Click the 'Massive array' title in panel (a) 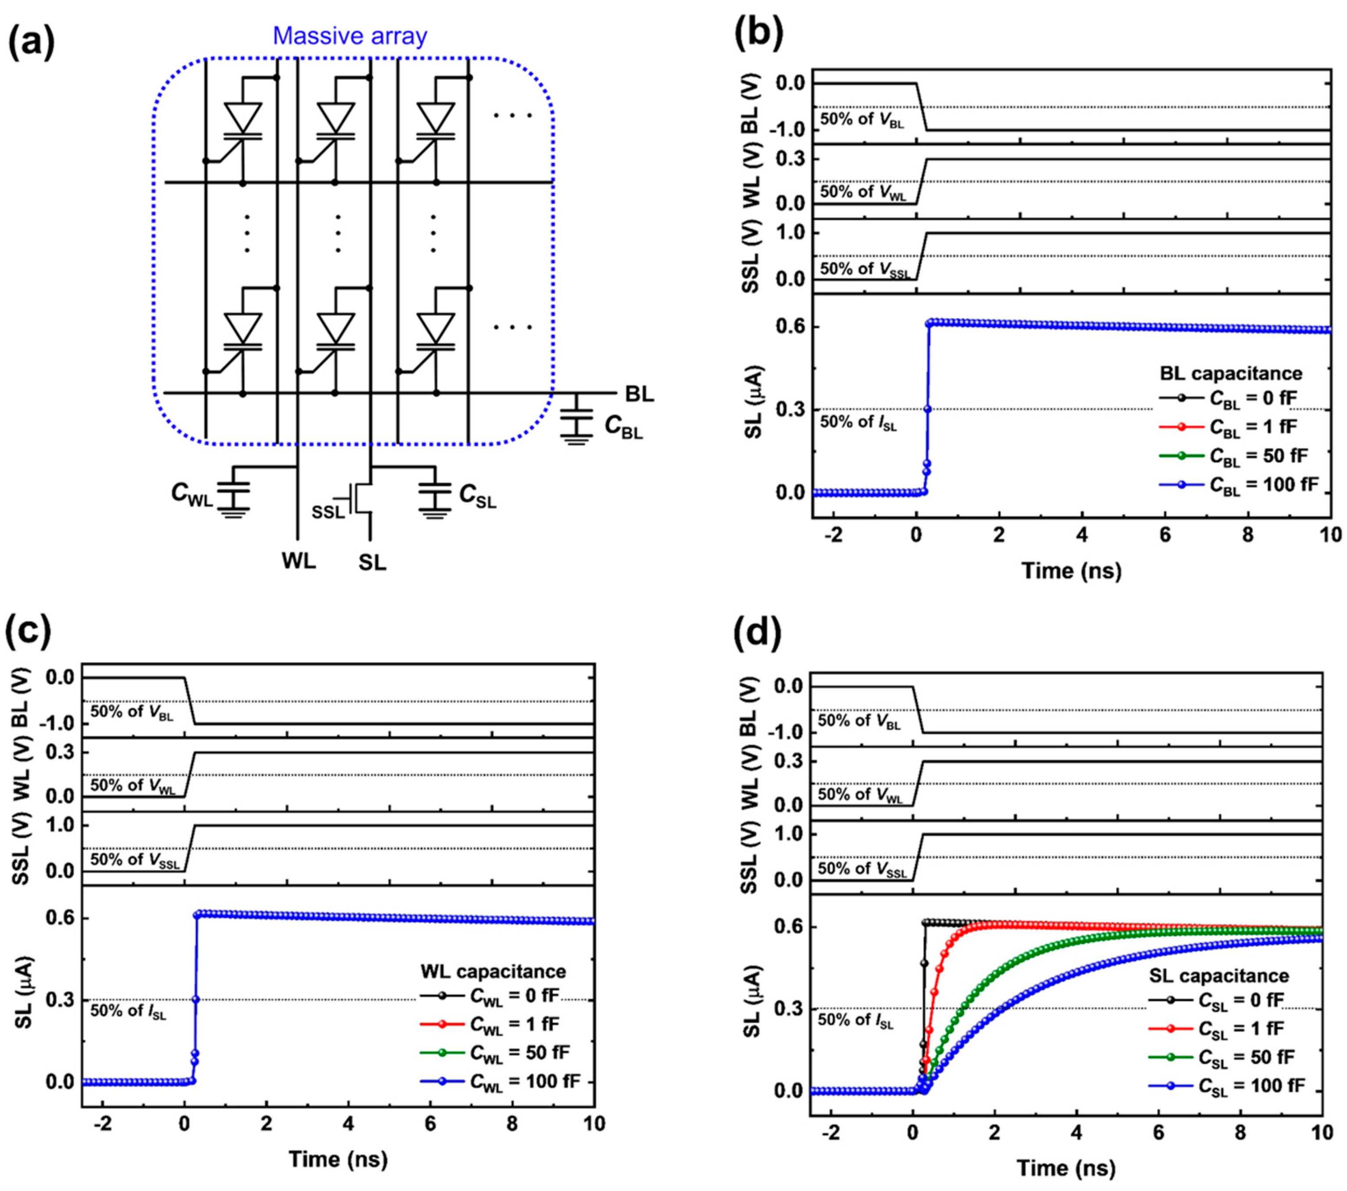(x=350, y=36)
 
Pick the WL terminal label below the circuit (x=299, y=561)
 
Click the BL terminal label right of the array (x=639, y=394)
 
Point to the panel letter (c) (x=28, y=631)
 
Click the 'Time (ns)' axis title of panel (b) (x=1071, y=570)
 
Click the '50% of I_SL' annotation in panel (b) (x=858, y=422)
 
